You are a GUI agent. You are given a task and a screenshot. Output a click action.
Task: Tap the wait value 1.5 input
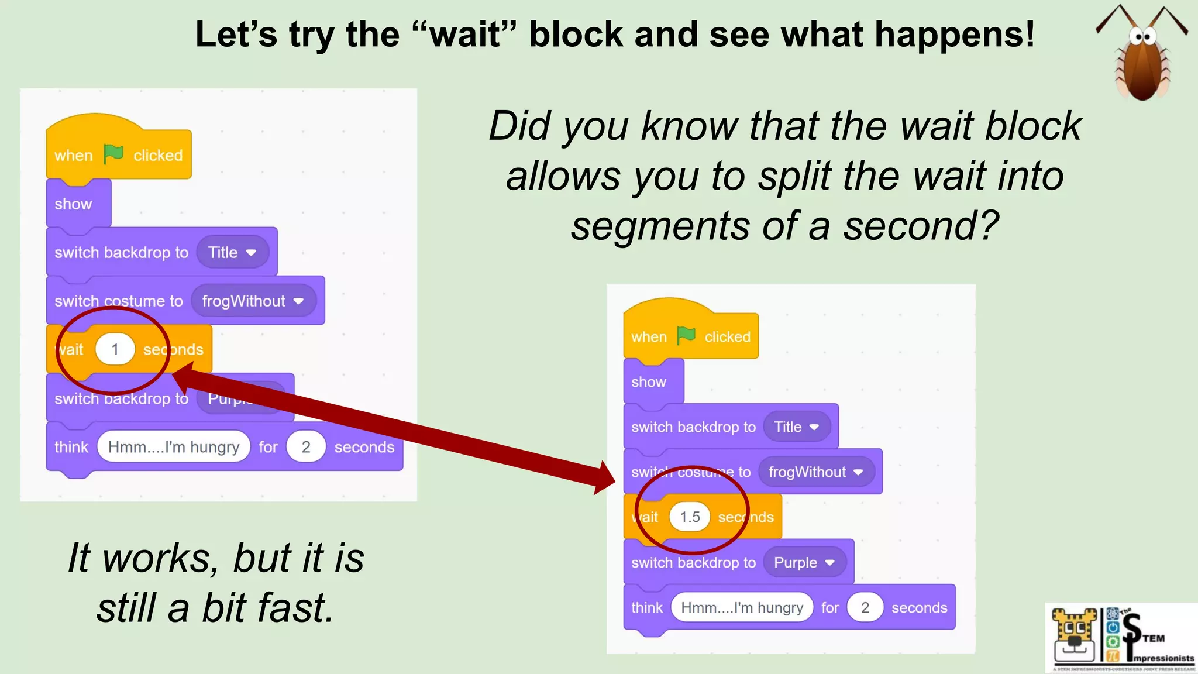tap(690, 517)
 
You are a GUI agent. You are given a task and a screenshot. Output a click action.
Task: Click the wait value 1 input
tap(115, 350)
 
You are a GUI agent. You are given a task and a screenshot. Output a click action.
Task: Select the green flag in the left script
tap(113, 154)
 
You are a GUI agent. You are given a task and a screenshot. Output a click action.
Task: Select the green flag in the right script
tap(686, 336)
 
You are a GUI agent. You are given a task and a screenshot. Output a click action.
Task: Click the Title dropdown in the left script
tap(232, 253)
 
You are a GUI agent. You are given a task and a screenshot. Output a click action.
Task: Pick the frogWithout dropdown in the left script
tap(253, 301)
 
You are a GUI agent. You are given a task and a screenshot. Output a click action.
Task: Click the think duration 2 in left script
tap(305, 448)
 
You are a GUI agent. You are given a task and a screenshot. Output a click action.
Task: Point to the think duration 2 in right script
tap(865, 608)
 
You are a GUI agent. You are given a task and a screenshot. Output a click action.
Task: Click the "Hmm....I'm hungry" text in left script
tap(174, 448)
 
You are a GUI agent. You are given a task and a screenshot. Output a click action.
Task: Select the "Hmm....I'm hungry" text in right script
tap(742, 608)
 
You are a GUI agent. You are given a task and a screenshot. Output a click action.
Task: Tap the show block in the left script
tap(74, 204)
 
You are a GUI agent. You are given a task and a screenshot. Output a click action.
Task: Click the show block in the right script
tap(649, 382)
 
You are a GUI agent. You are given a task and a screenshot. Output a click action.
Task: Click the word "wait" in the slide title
tap(466, 35)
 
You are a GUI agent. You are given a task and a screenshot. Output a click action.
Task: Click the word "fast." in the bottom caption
tap(297, 608)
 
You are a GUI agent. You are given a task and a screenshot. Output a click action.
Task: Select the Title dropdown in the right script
tap(796, 427)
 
